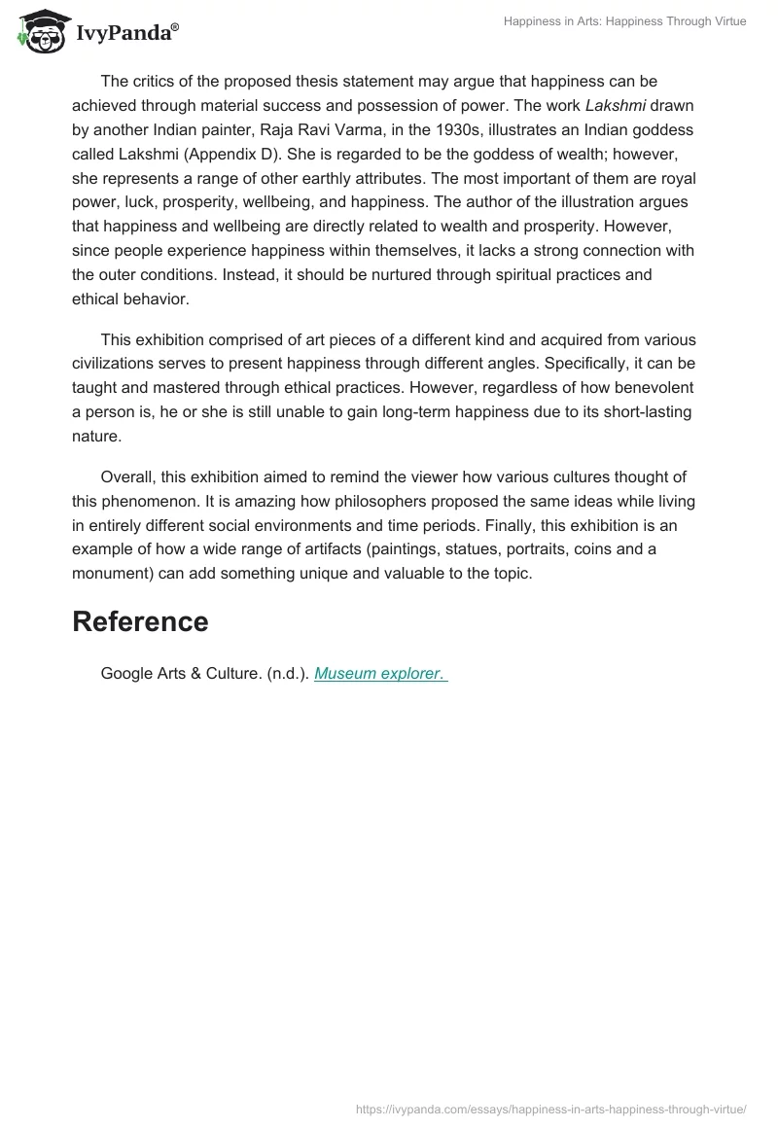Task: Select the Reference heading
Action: (140, 621)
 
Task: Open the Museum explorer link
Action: (380, 673)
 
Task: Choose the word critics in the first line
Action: (155, 80)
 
